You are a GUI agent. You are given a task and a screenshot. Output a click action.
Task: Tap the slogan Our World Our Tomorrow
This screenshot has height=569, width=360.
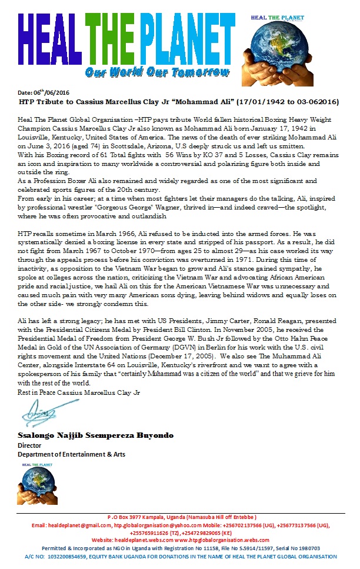coord(156,72)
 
